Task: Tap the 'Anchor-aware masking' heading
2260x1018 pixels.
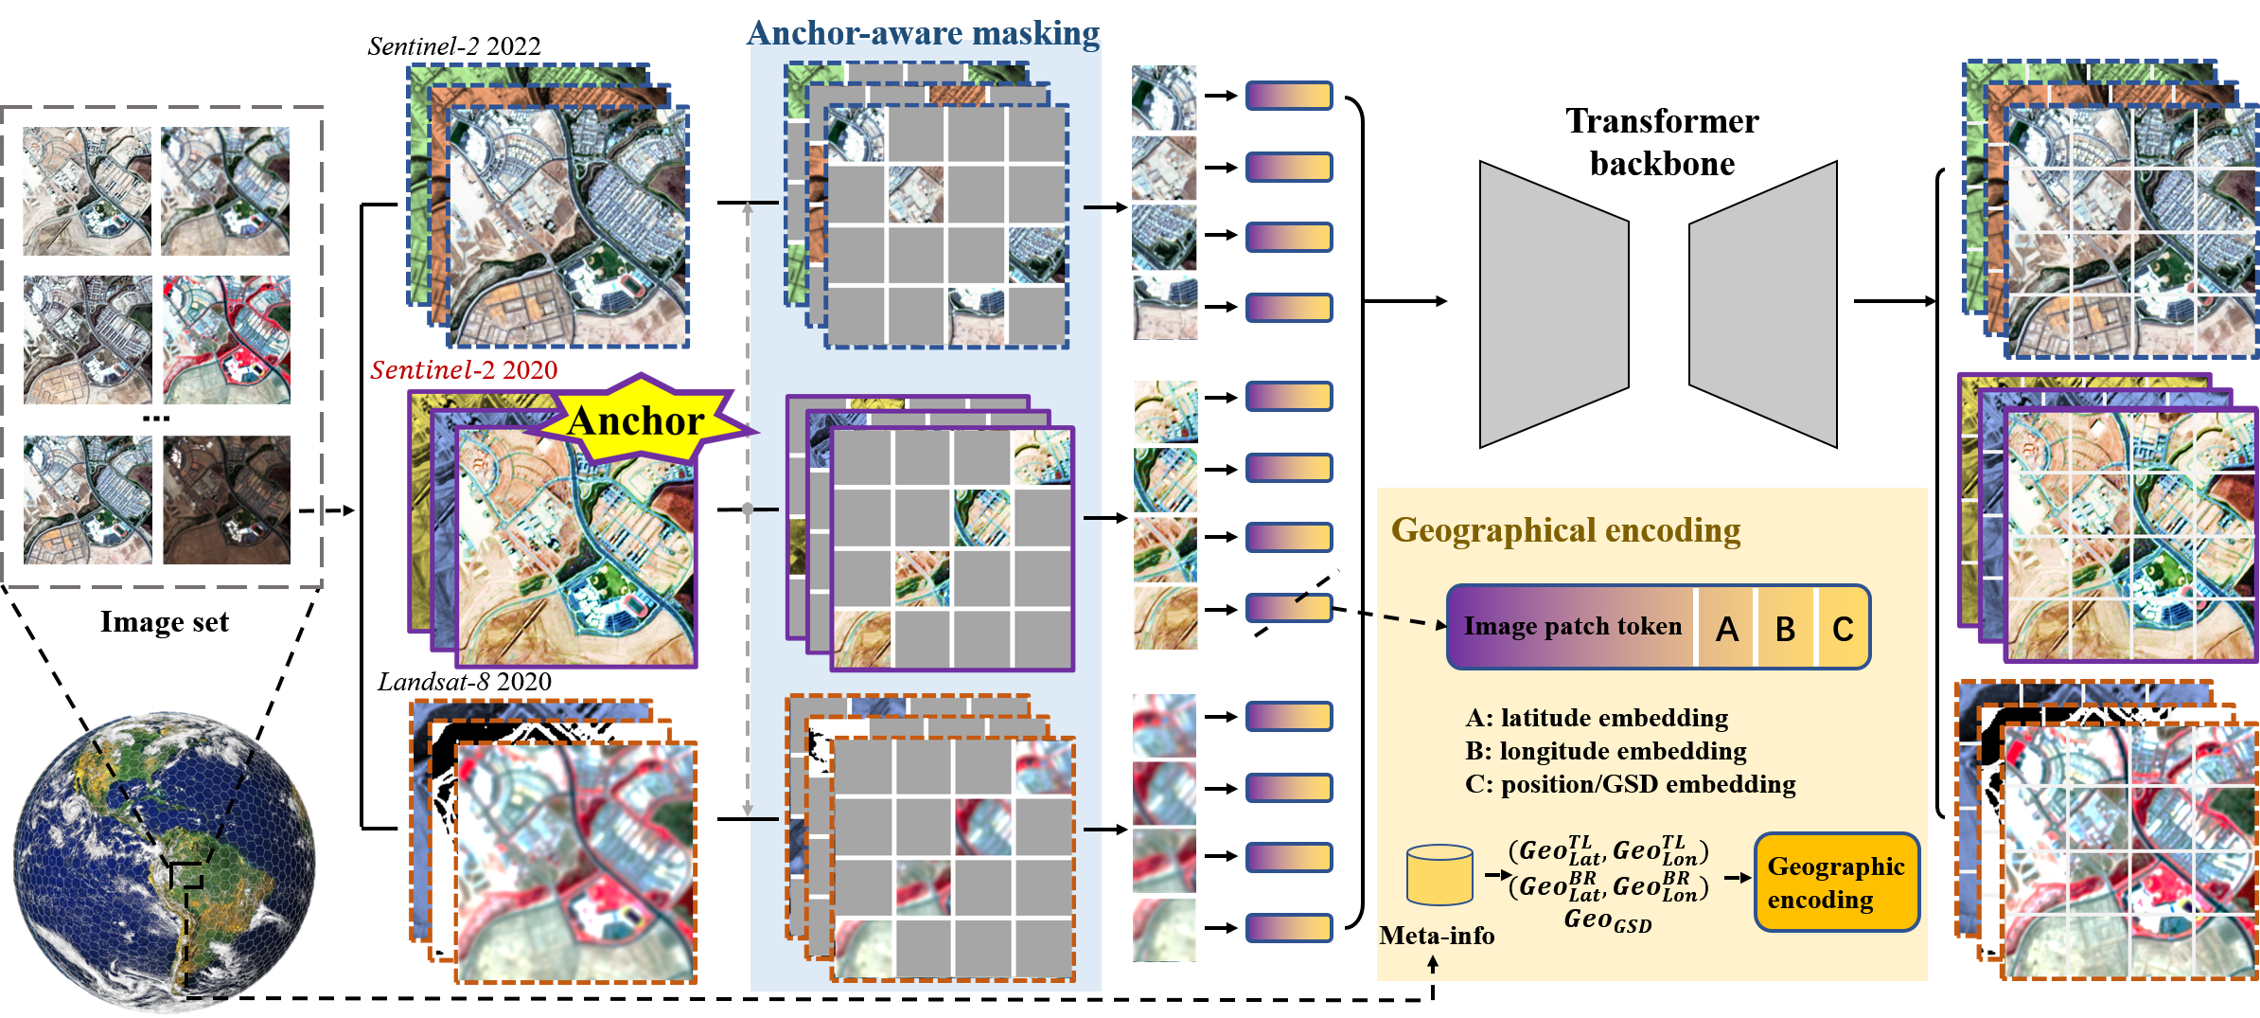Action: pyautogui.click(x=924, y=33)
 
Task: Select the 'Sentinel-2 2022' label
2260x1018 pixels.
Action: pyautogui.click(x=454, y=46)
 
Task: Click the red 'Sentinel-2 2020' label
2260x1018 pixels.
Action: pyautogui.click(x=464, y=369)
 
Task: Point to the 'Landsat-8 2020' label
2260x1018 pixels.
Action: pyautogui.click(x=465, y=682)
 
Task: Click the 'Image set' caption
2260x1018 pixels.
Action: pyautogui.click(x=165, y=622)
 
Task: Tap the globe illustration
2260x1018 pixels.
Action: pyautogui.click(x=164, y=862)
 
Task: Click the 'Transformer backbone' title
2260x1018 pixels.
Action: pyautogui.click(x=1662, y=142)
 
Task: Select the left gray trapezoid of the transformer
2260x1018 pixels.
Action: pyautogui.click(x=1554, y=304)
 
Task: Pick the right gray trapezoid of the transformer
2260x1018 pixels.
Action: pyautogui.click(x=1763, y=304)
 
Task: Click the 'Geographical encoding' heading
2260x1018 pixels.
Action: pyautogui.click(x=1565, y=530)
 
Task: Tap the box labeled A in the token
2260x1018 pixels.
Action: pyautogui.click(x=1726, y=628)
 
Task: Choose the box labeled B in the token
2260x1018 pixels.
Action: pyautogui.click(x=1785, y=628)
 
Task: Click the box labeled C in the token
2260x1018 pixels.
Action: pyautogui.click(x=1843, y=628)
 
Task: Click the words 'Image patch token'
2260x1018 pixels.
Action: pyautogui.click(x=1573, y=626)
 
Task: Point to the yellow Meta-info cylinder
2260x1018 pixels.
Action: pyautogui.click(x=1439, y=875)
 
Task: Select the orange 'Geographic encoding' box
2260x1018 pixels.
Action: pyautogui.click(x=1836, y=883)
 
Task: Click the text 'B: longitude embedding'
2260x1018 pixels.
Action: pyautogui.click(x=1606, y=751)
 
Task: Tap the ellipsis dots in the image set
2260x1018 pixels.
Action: pyautogui.click(x=156, y=419)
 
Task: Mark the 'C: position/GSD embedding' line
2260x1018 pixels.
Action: pyautogui.click(x=1631, y=784)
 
